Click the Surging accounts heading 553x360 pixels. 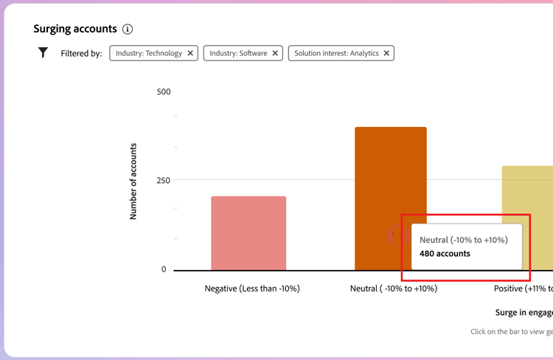click(x=75, y=29)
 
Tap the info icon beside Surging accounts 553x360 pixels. click(x=128, y=30)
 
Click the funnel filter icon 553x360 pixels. click(x=43, y=52)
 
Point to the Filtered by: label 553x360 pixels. click(x=81, y=54)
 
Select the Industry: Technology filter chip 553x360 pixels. click(x=148, y=53)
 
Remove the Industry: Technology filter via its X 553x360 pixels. click(x=190, y=53)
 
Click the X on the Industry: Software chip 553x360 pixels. click(x=275, y=53)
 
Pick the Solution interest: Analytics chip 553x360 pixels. click(x=336, y=53)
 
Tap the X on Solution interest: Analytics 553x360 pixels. click(x=386, y=53)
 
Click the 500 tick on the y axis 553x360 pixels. click(x=164, y=91)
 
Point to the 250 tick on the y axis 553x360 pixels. click(x=163, y=181)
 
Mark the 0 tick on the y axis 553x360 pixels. click(x=164, y=269)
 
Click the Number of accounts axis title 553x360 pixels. click(x=133, y=181)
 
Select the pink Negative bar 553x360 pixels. click(x=248, y=233)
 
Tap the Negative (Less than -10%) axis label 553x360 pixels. click(x=252, y=288)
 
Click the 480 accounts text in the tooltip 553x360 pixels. click(x=445, y=254)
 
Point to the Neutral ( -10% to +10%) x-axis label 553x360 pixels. click(x=394, y=288)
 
